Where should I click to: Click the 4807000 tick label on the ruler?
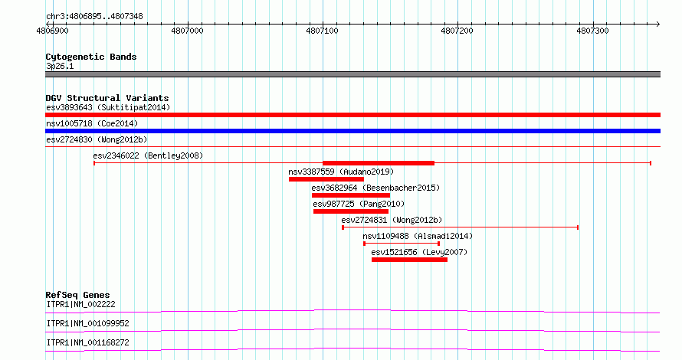tap(187, 31)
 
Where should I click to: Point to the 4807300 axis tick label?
tap(592, 31)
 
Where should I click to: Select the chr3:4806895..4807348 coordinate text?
tap(94, 17)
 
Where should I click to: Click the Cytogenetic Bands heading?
tap(91, 57)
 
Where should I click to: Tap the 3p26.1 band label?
tap(60, 66)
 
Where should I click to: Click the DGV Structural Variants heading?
tap(107, 98)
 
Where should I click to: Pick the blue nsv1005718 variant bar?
tap(352, 131)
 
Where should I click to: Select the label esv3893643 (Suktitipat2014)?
tap(108, 107)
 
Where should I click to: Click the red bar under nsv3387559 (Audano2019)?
tap(326, 179)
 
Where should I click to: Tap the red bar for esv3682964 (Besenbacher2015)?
tap(350, 195)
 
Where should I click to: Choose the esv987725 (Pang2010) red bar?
tap(350, 211)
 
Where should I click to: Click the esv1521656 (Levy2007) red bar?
tap(409, 260)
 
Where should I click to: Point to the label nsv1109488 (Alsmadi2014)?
tap(418, 236)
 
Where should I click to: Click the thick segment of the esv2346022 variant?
tap(379, 163)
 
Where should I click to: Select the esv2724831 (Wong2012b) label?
tap(392, 220)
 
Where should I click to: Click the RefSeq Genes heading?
tap(77, 295)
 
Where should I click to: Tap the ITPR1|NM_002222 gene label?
tap(81, 304)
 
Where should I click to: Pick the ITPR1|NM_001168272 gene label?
tap(87, 342)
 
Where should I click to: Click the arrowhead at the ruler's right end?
tap(658, 25)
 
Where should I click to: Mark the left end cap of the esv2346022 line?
tap(94, 163)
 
